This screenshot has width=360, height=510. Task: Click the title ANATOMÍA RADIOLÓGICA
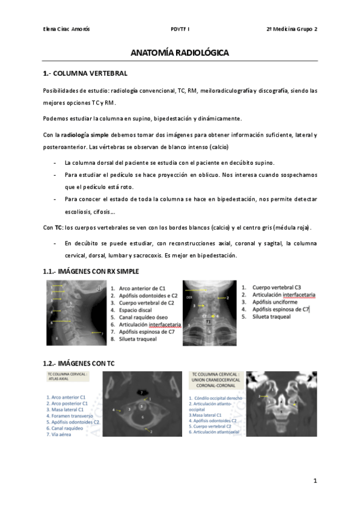click(180, 53)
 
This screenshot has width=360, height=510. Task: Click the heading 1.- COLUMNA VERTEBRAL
click(85, 73)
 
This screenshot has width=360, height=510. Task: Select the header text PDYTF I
click(180, 29)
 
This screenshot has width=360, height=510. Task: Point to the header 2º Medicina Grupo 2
click(291, 29)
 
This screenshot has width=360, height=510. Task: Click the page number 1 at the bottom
click(314, 482)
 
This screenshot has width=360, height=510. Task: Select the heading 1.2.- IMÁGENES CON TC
click(79, 363)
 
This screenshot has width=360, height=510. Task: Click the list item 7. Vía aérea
click(61, 434)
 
